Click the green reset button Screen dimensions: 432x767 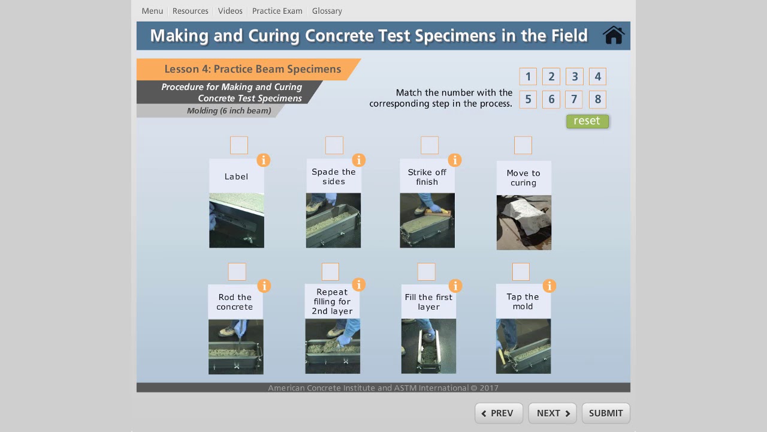point(587,121)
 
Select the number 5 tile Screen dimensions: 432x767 point(528,100)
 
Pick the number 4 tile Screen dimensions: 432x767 point(597,77)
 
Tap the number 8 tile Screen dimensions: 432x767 point(597,100)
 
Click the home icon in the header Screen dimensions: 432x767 point(614,35)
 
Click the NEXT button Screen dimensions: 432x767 point(552,413)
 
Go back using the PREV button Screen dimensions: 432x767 point(499,413)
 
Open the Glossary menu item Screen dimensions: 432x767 point(327,11)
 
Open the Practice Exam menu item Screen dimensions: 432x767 point(277,11)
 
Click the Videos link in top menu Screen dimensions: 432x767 point(230,11)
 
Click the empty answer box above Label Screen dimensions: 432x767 point(239,145)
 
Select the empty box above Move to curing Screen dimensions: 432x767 point(523,145)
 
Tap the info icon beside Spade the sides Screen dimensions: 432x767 point(358,160)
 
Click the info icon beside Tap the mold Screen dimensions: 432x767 point(549,286)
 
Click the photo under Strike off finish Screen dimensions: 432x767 point(427,220)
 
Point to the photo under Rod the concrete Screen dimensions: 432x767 point(235,347)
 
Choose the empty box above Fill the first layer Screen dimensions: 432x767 point(426,272)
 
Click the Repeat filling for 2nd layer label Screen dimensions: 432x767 point(333,301)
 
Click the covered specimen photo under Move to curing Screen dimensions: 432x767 point(524,223)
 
